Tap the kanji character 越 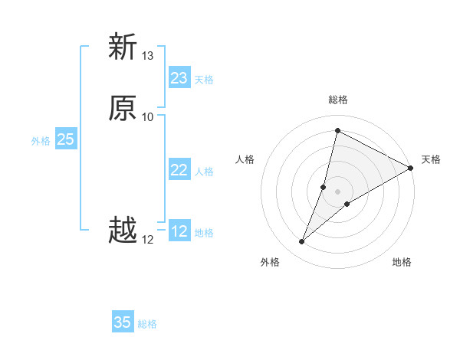(x=123, y=231)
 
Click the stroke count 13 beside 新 (x=148, y=56)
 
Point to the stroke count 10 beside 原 (x=148, y=117)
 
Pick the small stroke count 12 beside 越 (x=148, y=240)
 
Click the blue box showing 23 (x=179, y=78)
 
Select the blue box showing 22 (x=179, y=170)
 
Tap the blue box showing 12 (x=179, y=231)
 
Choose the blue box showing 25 (x=65, y=139)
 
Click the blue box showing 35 (x=123, y=322)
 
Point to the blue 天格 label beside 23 (x=204, y=80)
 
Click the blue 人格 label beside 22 (x=204, y=172)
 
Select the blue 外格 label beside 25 (x=41, y=141)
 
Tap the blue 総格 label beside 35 (x=147, y=324)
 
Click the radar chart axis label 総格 (x=338, y=100)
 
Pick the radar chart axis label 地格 (x=402, y=262)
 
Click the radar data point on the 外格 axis (x=302, y=242)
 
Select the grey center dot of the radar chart (x=338, y=191)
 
